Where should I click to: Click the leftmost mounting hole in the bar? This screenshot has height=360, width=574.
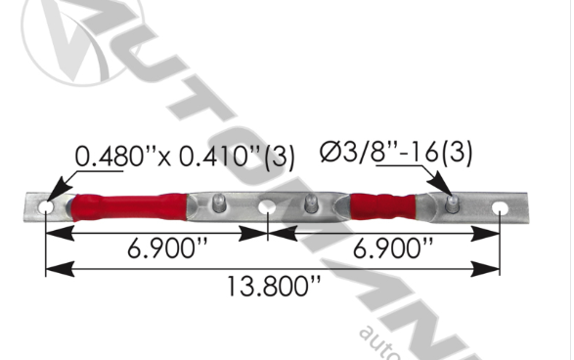click(x=45, y=208)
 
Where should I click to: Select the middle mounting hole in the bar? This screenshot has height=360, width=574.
click(x=267, y=208)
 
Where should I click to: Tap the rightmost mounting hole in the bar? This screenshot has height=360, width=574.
click(x=500, y=209)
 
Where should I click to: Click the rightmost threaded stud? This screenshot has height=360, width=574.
click(x=451, y=203)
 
